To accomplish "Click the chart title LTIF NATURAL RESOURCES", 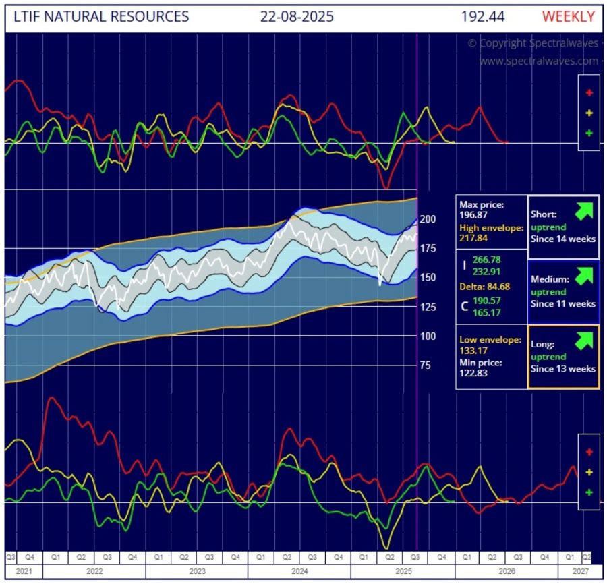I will pyautogui.click(x=100, y=16).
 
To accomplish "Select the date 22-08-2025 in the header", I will pyautogui.click(x=297, y=16).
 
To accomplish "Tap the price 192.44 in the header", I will pyautogui.click(x=484, y=16).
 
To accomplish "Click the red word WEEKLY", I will pyautogui.click(x=568, y=16).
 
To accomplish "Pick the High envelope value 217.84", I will pyautogui.click(x=475, y=238).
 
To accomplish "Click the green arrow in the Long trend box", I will pyautogui.click(x=583, y=341).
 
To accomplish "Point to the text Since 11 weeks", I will pyautogui.click(x=563, y=303).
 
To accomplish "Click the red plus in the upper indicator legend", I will pyautogui.click(x=589, y=93).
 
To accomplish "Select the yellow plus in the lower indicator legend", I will pyautogui.click(x=589, y=472).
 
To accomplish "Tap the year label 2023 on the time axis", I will pyautogui.click(x=197, y=571).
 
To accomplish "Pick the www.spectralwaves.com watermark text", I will pyautogui.click(x=538, y=61).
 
